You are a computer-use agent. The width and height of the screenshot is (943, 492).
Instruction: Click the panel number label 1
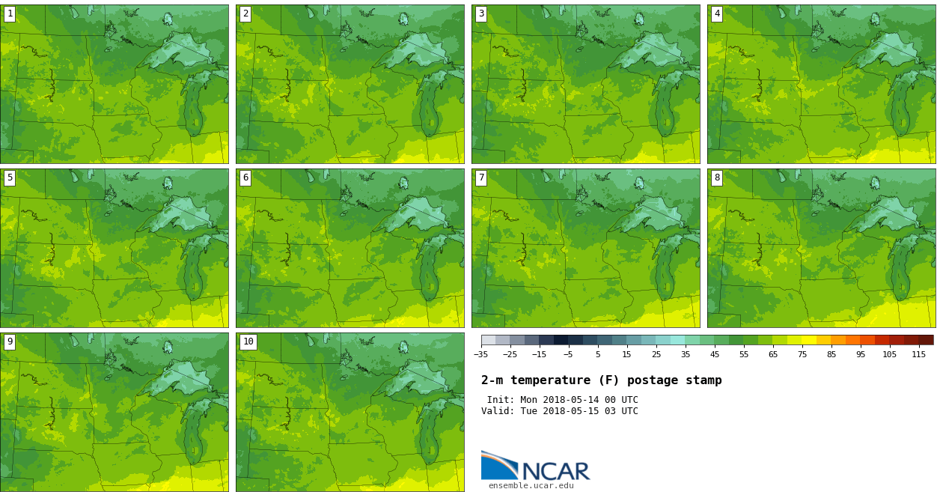coord(10,13)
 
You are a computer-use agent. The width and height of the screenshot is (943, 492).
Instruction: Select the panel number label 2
coord(245,13)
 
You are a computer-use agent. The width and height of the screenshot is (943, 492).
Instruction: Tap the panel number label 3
coord(481,13)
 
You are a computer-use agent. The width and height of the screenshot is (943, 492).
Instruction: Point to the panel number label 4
coord(717,13)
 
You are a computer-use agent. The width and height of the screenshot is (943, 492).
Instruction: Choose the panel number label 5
coord(10,177)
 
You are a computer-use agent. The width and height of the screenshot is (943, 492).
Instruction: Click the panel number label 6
coord(245,177)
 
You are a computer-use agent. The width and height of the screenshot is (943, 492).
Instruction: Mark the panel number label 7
coord(481,177)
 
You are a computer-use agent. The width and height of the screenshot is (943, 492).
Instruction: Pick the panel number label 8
coord(717,177)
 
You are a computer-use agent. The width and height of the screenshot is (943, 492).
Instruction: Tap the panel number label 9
coord(10,341)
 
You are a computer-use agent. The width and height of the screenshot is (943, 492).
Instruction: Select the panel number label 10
coord(248,341)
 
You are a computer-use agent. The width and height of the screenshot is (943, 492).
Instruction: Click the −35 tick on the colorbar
coord(481,354)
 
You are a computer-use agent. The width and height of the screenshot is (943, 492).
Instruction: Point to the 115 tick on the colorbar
coord(918,354)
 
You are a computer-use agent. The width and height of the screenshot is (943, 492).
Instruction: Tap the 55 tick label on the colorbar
coord(744,354)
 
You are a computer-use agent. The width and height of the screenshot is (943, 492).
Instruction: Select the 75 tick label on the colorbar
coord(802,354)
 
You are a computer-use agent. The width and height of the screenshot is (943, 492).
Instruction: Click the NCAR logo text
coord(555,471)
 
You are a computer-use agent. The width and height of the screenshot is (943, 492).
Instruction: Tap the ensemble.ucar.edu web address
coord(531,486)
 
